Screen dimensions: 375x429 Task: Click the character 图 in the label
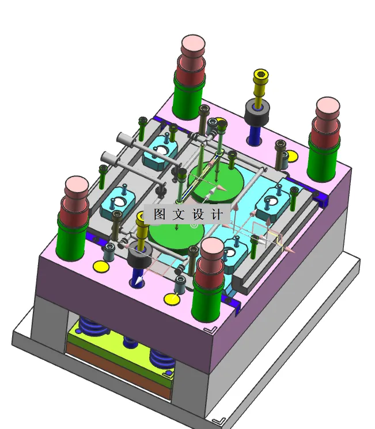[159, 214]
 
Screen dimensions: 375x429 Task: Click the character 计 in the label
[217, 214]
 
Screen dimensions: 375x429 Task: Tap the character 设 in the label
[198, 214]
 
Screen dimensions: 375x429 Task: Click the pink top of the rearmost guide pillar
[193, 45]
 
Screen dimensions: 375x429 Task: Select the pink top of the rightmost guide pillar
[328, 107]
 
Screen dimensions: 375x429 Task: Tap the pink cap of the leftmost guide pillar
[77, 186]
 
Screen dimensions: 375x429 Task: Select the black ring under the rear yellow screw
[257, 112]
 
